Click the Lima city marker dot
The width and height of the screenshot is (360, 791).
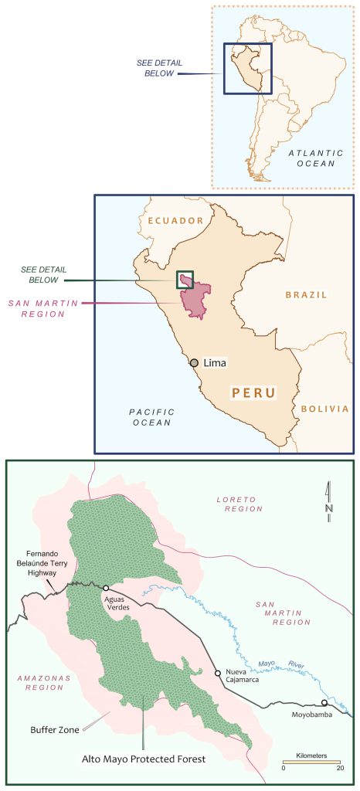coord(195,362)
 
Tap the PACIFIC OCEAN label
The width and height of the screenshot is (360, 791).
coord(152,417)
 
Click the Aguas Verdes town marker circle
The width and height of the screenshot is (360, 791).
coord(105,588)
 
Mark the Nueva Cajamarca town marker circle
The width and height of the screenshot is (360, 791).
coord(218,674)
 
